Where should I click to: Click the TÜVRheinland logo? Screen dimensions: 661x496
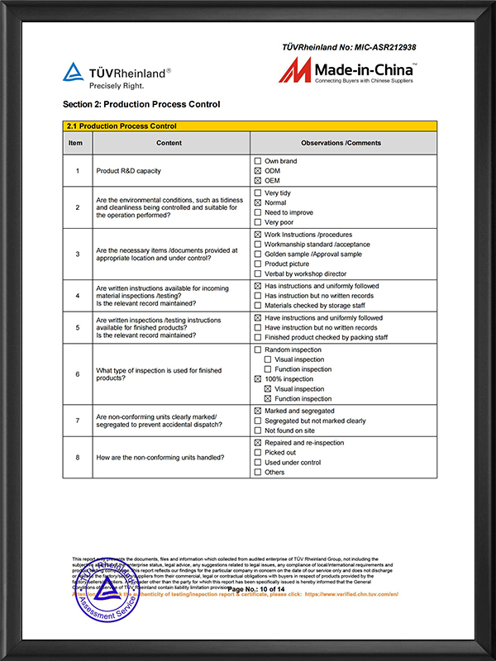pyautogui.click(x=117, y=75)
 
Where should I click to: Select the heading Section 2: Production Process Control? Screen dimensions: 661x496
pyautogui.click(x=141, y=105)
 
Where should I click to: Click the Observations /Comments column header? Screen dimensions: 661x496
pyautogui.click(x=341, y=143)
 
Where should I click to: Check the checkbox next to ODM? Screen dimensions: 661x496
pyautogui.click(x=258, y=171)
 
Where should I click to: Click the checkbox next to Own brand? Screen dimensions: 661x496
pyautogui.click(x=258, y=161)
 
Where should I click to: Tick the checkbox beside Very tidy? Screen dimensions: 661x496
pyautogui.click(x=258, y=193)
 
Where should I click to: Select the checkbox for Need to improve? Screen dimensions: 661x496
pyautogui.click(x=258, y=212)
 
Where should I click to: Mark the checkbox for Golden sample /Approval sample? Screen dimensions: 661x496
pyautogui.click(x=258, y=254)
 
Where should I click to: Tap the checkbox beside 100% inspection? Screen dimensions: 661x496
pyautogui.click(x=258, y=379)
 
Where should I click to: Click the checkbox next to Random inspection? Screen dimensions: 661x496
pyautogui.click(x=258, y=350)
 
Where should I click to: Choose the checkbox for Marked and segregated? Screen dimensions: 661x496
pyautogui.click(x=258, y=411)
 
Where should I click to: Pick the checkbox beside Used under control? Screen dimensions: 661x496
pyautogui.click(x=258, y=463)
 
